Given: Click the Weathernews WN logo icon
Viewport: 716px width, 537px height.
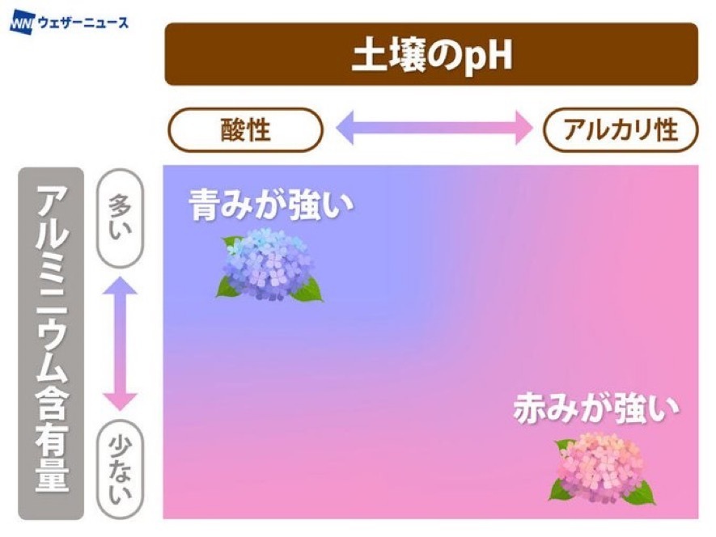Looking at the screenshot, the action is pyautogui.click(x=22, y=23).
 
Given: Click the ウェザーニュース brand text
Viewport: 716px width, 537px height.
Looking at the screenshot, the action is pyautogui.click(x=83, y=23).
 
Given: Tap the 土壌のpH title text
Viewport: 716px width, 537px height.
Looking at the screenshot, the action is pyautogui.click(x=431, y=55).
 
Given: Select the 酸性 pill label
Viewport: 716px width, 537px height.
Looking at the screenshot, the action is pyautogui.click(x=246, y=129).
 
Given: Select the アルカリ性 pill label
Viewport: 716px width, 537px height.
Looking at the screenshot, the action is pyautogui.click(x=621, y=129).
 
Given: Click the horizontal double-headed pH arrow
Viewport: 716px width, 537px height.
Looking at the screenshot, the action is pyautogui.click(x=434, y=128).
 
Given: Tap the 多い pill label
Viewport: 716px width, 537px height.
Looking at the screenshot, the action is pyautogui.click(x=121, y=218).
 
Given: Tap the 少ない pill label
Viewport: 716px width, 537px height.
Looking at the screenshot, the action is pyautogui.click(x=121, y=469).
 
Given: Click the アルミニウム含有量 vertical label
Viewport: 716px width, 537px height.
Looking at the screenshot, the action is pyautogui.click(x=52, y=338).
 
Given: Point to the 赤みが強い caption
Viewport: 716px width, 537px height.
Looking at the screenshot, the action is pyautogui.click(x=596, y=408).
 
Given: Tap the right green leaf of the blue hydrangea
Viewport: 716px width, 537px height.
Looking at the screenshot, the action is pyautogui.click(x=308, y=290).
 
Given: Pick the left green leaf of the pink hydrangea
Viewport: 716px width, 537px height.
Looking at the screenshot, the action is pyautogui.click(x=560, y=489).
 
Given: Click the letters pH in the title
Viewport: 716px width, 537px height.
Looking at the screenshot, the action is pyautogui.click(x=488, y=57).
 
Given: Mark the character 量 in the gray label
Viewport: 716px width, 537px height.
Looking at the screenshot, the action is pyautogui.click(x=52, y=475).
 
